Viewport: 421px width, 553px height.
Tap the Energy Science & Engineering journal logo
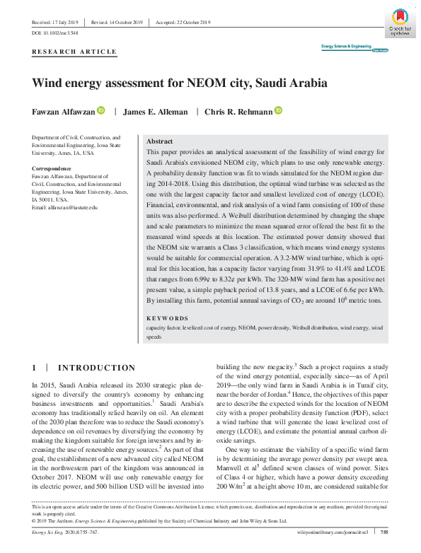pyautogui.click(x=354, y=47)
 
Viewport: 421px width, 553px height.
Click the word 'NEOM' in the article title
pyautogui.click(x=204, y=83)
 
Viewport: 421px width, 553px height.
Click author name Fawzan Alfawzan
pyautogui.click(x=64, y=111)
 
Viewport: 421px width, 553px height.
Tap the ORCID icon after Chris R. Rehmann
pyautogui.click(x=278, y=110)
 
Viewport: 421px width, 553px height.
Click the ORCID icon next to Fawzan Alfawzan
pyautogui.click(x=101, y=110)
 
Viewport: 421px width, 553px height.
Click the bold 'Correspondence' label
pyautogui.click(x=52, y=168)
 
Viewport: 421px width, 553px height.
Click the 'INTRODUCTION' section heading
pyautogui.click(x=96, y=368)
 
